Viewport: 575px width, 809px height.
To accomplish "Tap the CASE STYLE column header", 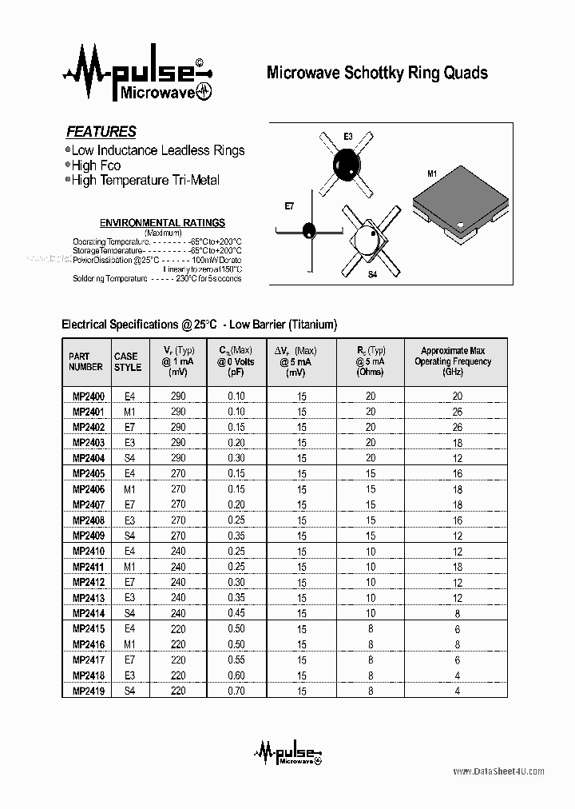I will (126, 361).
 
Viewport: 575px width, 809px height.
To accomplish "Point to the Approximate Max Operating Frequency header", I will (453, 361).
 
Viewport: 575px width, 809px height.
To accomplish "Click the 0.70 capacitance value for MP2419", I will (236, 691).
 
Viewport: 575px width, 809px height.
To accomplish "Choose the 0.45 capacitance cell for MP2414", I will (236, 613).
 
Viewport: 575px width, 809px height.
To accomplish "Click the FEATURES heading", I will (101, 132).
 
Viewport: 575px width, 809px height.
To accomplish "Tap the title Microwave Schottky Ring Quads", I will (376, 73).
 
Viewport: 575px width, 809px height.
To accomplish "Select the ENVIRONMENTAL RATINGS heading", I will (161, 223).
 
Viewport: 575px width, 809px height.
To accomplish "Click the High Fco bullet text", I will (96, 165).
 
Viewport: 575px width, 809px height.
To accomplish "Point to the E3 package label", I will (348, 137).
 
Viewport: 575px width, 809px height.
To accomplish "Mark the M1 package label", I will (433, 173).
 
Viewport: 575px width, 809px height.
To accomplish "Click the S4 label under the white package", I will (372, 274).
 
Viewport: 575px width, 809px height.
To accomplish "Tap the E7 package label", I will (290, 206).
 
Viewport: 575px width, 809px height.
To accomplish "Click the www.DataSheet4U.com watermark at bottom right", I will (498, 771).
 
